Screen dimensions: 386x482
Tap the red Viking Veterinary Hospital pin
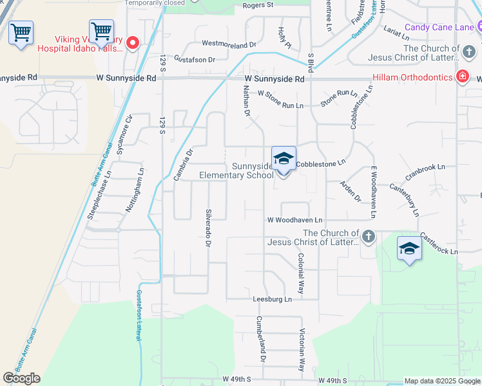(133, 42)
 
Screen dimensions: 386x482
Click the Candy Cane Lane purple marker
(477, 26)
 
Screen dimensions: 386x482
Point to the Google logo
(21, 378)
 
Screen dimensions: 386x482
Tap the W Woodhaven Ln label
(295, 220)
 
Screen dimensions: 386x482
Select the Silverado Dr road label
(207, 228)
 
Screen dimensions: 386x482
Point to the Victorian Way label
(301, 350)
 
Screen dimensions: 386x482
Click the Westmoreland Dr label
(229, 44)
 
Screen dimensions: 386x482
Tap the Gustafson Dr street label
(193, 59)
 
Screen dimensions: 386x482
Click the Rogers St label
(258, 5)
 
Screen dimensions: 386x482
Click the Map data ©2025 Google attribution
(442, 381)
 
